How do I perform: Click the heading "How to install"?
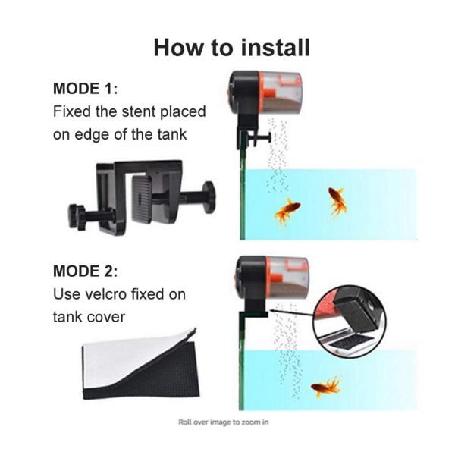click(x=231, y=47)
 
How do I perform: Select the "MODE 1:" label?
click(x=85, y=88)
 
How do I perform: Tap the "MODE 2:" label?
click(x=85, y=271)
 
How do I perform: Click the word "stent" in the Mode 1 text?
click(x=140, y=111)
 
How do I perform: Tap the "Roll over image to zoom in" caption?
click(x=224, y=422)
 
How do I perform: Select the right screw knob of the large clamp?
click(x=209, y=197)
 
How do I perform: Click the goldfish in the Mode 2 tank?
click(x=326, y=386)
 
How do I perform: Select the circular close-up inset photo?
click(x=350, y=322)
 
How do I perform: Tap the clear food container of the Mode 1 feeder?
click(x=281, y=93)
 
